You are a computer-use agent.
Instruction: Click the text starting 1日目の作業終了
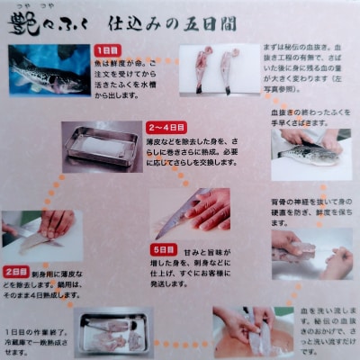click(x=36, y=337)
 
